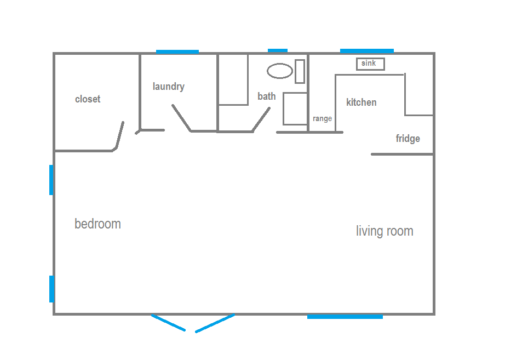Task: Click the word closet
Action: click(x=88, y=99)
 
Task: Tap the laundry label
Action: click(x=169, y=87)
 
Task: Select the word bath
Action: click(x=267, y=96)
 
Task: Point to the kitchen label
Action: click(x=361, y=102)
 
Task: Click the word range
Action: click(x=323, y=118)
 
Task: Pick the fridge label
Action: click(x=408, y=139)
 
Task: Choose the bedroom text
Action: click(x=97, y=224)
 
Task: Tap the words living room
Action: click(x=385, y=231)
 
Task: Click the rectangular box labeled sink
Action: click(x=370, y=64)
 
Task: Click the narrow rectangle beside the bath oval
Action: click(x=300, y=71)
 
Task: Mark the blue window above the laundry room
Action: click(x=177, y=52)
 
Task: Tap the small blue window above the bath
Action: click(x=278, y=50)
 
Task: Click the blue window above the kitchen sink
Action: click(x=367, y=51)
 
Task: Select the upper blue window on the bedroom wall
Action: click(x=51, y=180)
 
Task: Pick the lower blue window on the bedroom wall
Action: click(x=51, y=289)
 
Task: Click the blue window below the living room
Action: click(x=345, y=317)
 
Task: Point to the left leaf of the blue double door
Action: click(x=169, y=323)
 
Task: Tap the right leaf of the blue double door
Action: click(x=215, y=323)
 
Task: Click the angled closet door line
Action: click(x=119, y=135)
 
